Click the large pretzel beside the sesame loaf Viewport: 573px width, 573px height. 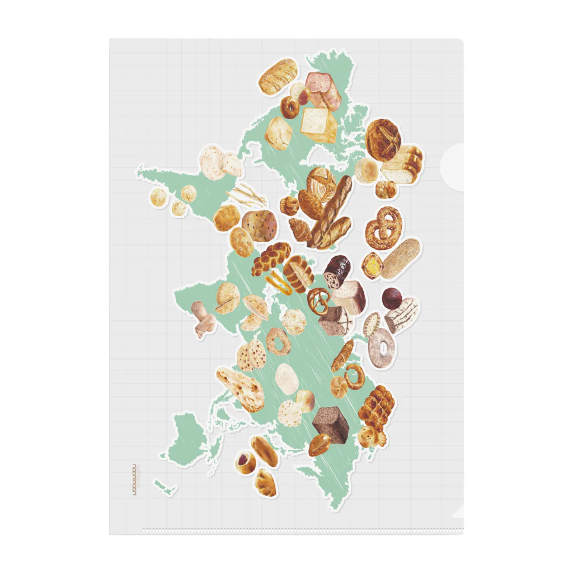click(384, 227)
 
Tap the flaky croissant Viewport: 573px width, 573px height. click(300, 228)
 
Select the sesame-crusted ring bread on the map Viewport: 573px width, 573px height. click(278, 340)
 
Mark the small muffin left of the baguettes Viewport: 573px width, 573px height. click(289, 205)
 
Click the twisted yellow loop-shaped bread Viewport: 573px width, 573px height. click(279, 282)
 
